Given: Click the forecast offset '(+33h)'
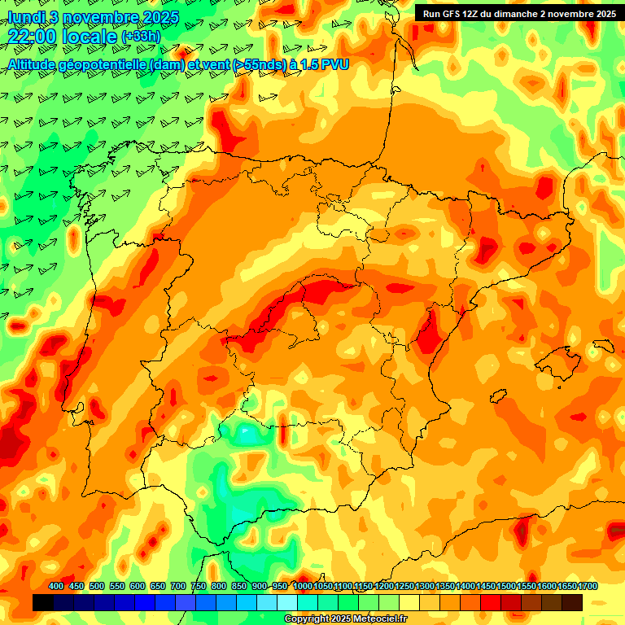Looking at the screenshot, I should (141, 37).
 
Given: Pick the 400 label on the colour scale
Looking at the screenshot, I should (56, 586).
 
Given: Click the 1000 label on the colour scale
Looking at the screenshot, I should (302, 586).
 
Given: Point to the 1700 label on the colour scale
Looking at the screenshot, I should (567, 586).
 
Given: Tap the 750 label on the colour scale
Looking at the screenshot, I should (199, 586).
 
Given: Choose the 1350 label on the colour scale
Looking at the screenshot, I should (444, 586).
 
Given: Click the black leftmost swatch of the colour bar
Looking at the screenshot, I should (43, 602).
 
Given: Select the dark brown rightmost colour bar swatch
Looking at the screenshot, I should (572, 602).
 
